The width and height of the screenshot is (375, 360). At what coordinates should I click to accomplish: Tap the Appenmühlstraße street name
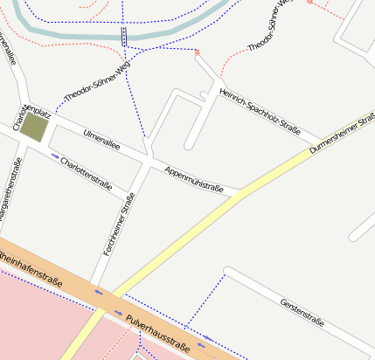(194, 177)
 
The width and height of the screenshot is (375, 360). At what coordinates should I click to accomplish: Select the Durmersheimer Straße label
(341, 136)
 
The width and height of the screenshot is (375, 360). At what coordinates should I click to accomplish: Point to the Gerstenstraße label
(302, 312)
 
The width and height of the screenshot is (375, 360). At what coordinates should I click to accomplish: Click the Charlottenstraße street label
(87, 172)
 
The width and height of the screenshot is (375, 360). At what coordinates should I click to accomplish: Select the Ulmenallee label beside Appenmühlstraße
(101, 140)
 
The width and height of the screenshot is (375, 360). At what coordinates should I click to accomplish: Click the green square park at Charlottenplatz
(34, 127)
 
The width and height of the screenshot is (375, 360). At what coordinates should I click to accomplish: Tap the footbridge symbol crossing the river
(124, 36)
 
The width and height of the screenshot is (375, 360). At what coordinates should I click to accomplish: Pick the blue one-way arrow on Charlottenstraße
(55, 157)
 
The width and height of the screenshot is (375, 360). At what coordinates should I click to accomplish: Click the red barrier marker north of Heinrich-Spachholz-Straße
(198, 52)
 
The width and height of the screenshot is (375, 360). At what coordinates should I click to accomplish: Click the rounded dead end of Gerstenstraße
(228, 272)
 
